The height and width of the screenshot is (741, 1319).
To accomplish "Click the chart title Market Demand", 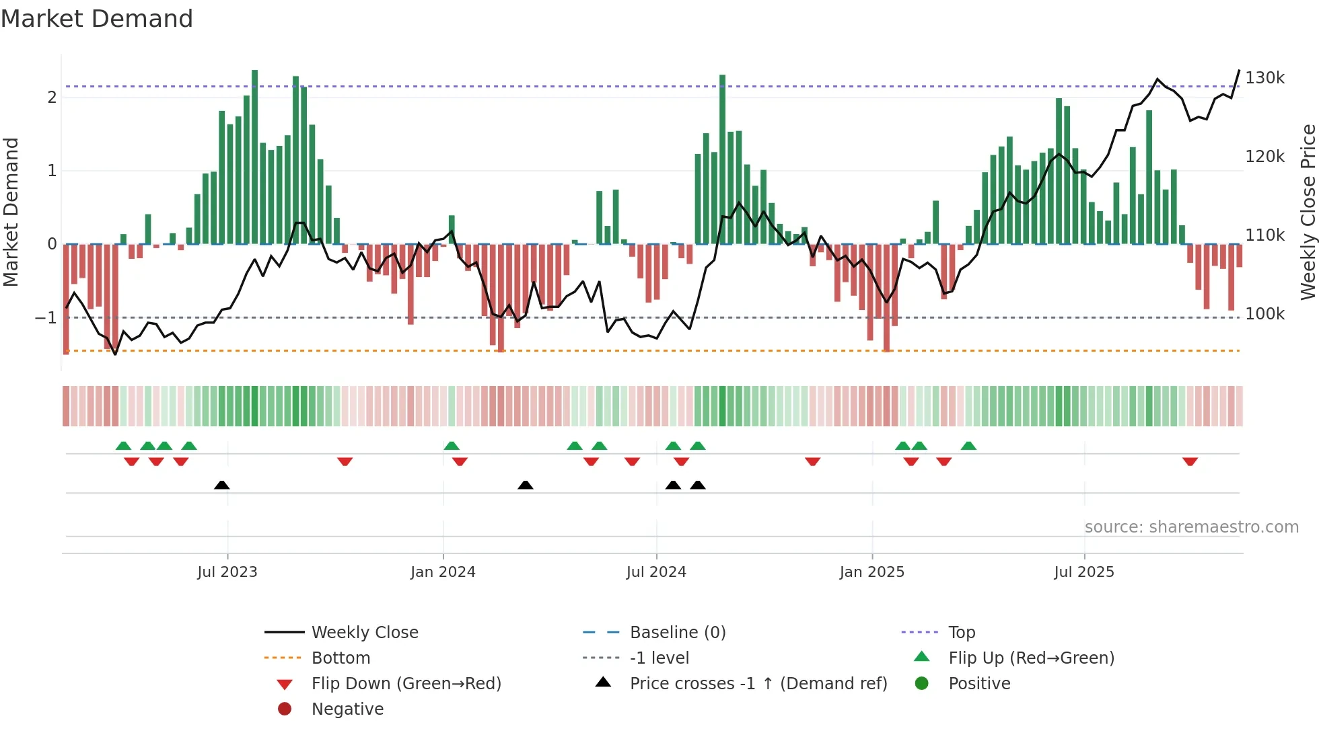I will coord(97,19).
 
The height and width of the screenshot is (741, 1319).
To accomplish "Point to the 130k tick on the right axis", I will coord(1264,78).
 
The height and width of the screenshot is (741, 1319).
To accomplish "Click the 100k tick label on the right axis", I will coord(1264,314).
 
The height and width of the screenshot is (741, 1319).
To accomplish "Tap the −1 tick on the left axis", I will coord(46,317).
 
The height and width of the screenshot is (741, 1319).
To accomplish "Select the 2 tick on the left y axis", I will coord(52,97).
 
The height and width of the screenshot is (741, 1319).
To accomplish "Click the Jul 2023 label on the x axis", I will coord(227,572).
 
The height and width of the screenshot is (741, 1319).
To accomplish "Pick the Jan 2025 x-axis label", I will coord(871,572).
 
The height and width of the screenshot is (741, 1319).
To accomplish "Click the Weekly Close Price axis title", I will coord(1308,212).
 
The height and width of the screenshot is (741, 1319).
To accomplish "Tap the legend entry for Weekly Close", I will coord(364,633).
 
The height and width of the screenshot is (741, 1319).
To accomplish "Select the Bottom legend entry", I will coord(341,658).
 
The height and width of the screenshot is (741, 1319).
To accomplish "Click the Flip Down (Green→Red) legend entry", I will coord(406,684).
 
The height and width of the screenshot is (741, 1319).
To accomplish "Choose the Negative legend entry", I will coord(347,709).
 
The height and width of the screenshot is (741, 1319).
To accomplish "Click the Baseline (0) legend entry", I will coord(677,633).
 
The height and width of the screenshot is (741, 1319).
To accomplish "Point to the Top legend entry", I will coord(961,633).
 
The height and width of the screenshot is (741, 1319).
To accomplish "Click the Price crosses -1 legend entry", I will coord(758,684).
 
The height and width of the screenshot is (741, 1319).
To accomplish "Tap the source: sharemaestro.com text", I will coord(1191,527).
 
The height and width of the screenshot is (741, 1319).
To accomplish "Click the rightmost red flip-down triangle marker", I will coord(1190,461).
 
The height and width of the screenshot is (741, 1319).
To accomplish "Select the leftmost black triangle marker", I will coord(222,485).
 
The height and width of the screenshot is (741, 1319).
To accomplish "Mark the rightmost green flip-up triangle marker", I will coord(968,446).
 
